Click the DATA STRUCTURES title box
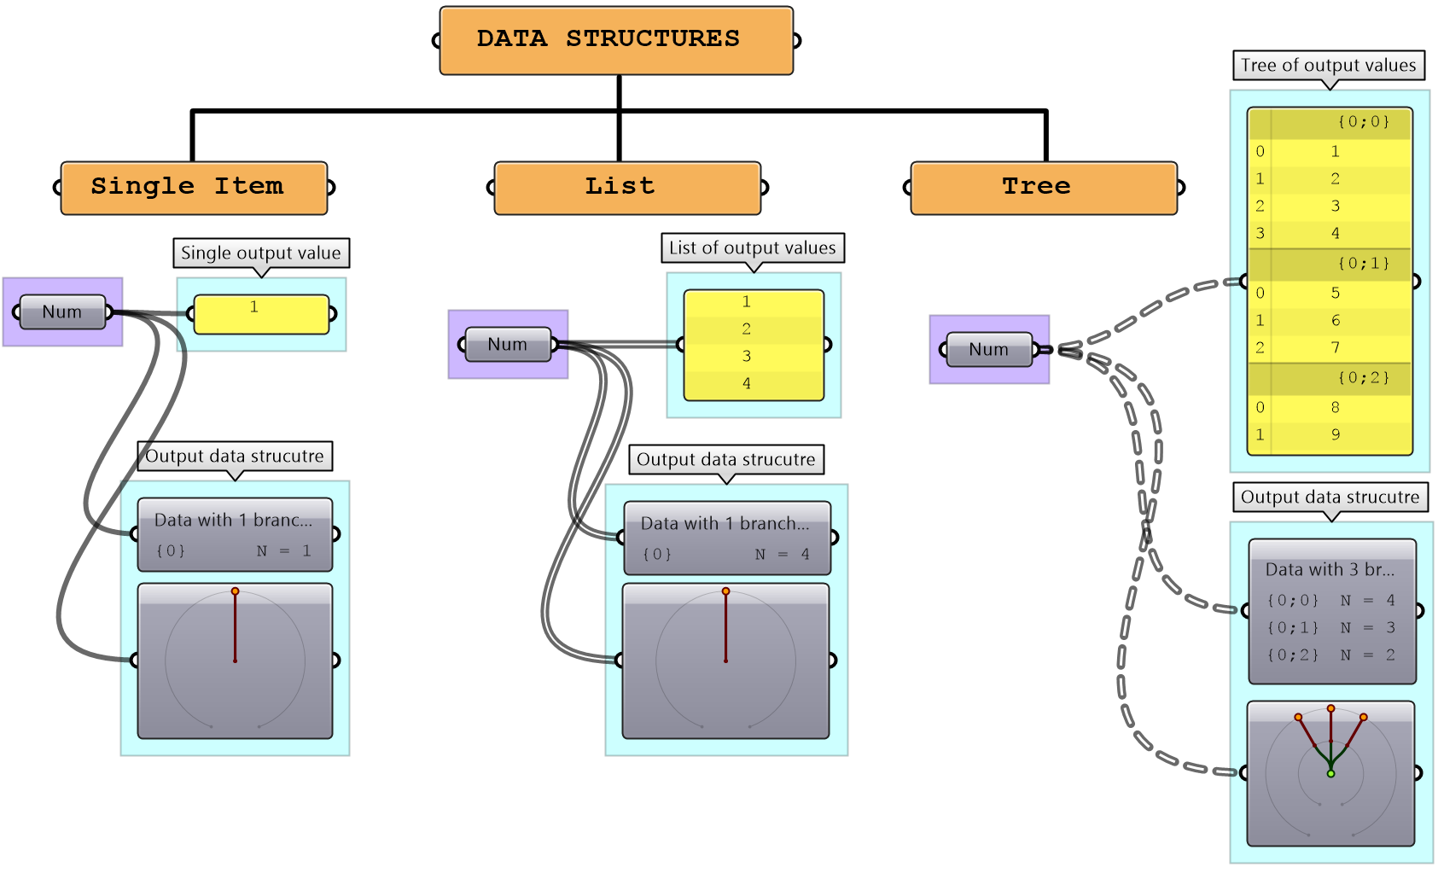pyautogui.click(x=616, y=40)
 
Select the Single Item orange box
pyautogui.click(x=194, y=187)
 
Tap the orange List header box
pyautogui.click(x=627, y=187)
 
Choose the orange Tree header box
pyautogui.click(x=1044, y=187)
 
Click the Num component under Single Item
pyautogui.click(x=62, y=312)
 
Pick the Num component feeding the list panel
pyautogui.click(x=508, y=345)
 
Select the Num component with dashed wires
pyautogui.click(x=989, y=350)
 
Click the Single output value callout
pyautogui.click(x=261, y=253)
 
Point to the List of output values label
pyautogui.click(x=753, y=248)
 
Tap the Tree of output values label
pyautogui.click(x=1329, y=66)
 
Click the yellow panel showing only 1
pyautogui.click(x=261, y=314)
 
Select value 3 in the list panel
pyautogui.click(x=747, y=357)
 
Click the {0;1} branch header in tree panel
pyautogui.click(x=1363, y=264)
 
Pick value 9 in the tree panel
pyautogui.click(x=1336, y=435)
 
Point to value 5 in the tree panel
pyautogui.click(x=1336, y=294)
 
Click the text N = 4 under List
pyautogui.click(x=782, y=555)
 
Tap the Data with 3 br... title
pyautogui.click(x=1330, y=569)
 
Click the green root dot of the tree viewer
pyautogui.click(x=1330, y=774)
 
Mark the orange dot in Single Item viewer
pyautogui.click(x=235, y=591)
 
